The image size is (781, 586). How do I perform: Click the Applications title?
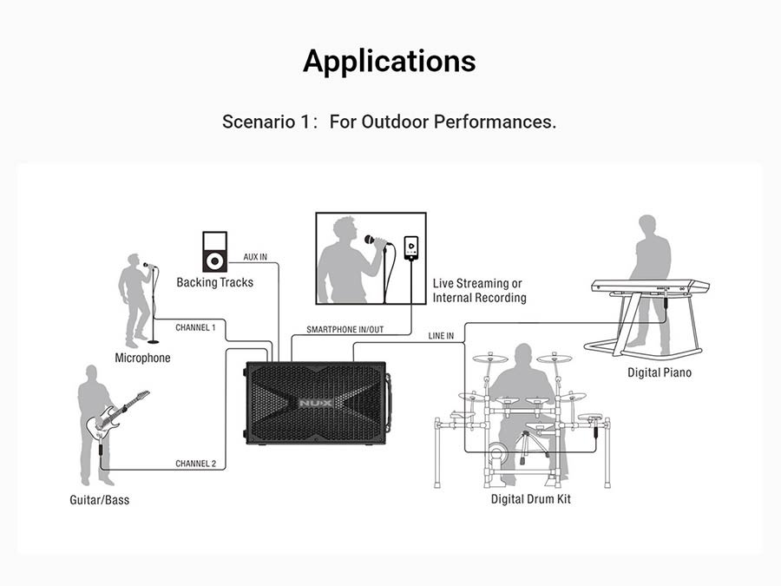pos(390,62)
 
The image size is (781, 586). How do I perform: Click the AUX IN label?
pos(255,257)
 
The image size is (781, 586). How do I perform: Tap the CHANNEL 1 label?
pos(195,328)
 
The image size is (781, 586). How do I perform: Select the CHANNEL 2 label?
pos(196,464)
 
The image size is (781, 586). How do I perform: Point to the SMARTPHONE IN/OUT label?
pos(345,330)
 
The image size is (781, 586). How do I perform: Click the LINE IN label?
pos(441,336)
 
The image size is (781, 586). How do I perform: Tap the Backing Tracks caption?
pos(214,282)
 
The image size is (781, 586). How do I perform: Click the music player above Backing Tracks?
pos(214,252)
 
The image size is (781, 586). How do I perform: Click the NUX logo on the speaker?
pos(316,403)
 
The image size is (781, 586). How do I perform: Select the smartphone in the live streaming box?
pos(411,247)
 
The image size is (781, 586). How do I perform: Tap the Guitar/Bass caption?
pos(100,500)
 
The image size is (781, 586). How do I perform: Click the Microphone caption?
pos(142,358)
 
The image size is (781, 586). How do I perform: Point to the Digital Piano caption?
pos(660,372)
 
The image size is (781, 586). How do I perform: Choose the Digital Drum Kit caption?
pos(531,499)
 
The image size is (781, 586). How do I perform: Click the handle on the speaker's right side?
pos(389,402)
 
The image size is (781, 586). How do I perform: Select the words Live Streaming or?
pos(477,284)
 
